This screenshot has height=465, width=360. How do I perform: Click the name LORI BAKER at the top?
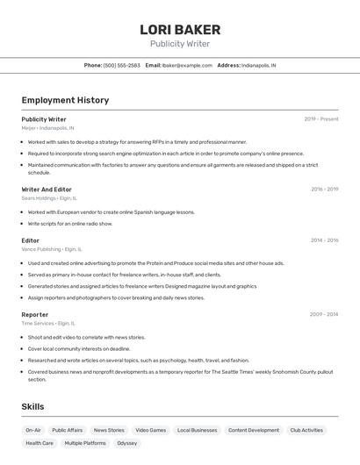tap(180, 30)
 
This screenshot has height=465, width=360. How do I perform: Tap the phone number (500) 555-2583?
tap(122, 65)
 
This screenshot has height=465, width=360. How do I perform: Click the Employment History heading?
tap(65, 100)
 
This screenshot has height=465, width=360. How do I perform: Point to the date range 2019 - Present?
tap(321, 119)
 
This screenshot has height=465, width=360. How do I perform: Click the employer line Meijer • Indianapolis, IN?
tap(47, 128)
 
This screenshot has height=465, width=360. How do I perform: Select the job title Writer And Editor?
tap(47, 190)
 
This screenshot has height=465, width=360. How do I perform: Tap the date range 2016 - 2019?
tap(324, 190)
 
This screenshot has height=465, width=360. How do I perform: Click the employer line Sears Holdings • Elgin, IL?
tap(49, 198)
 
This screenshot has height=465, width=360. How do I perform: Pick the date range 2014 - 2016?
tap(324, 240)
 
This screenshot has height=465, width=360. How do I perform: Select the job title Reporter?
tap(35, 314)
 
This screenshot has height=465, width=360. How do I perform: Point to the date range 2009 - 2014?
tap(324, 314)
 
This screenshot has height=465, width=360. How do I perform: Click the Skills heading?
tap(32, 407)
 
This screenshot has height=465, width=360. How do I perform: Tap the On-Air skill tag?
tap(33, 430)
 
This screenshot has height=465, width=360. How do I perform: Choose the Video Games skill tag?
tap(150, 430)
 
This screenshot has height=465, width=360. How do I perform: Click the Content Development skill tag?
tap(254, 430)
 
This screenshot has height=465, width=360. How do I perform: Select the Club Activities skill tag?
tap(306, 430)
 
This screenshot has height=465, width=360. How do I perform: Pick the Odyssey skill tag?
tap(127, 443)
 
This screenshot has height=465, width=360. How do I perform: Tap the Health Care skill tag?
tap(40, 443)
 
